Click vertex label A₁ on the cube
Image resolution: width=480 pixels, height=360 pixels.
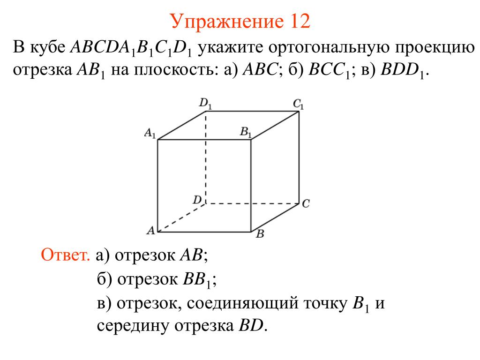(150, 134)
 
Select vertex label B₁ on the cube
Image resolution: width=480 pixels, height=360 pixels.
(246, 133)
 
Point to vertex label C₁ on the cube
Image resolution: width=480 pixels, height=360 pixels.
(299, 104)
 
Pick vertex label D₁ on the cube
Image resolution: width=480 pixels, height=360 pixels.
(205, 104)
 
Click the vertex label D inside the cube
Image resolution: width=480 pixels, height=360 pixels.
(197, 200)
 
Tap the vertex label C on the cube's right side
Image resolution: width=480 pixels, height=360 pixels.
(306, 204)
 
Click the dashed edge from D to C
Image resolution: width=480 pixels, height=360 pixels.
(253, 203)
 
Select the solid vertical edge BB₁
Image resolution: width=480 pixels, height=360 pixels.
(252, 185)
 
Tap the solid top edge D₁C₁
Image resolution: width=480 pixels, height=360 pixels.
(253, 111)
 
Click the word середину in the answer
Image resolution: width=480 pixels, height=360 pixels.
(134, 325)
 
